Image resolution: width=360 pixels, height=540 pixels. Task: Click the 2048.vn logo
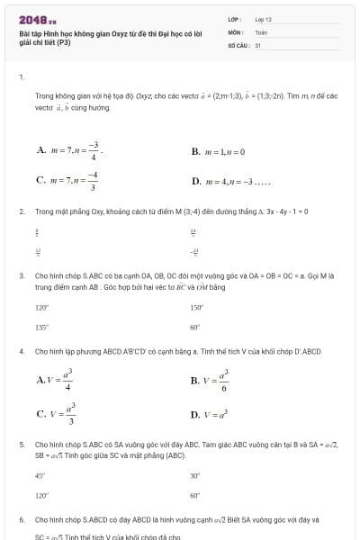point(37,20)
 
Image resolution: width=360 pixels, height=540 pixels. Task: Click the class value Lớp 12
point(263,18)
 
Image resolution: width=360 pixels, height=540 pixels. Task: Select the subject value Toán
point(261,31)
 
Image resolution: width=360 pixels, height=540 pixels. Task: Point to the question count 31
point(257,44)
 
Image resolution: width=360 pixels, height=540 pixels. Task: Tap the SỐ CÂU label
point(238,44)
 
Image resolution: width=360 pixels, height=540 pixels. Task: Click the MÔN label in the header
point(236,31)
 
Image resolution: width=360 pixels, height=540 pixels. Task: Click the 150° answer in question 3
point(196,307)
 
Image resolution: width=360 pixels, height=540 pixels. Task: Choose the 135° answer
point(41,328)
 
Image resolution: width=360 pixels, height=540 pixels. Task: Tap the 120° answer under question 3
point(41,307)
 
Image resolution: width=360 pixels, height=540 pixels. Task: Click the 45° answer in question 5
point(40,475)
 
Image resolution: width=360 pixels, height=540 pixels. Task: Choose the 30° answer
point(195,475)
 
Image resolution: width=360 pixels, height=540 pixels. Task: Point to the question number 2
point(21,211)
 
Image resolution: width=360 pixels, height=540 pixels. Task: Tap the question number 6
point(21,520)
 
